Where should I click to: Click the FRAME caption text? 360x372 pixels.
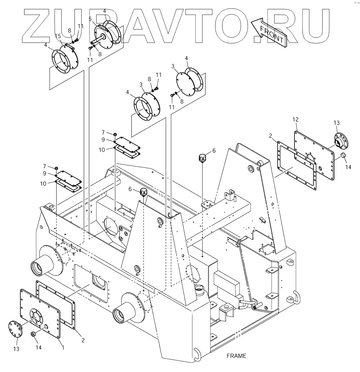[236, 356]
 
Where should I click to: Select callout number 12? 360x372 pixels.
[295, 119]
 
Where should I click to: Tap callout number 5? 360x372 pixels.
[90, 19]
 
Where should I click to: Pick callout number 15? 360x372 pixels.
[58, 36]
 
